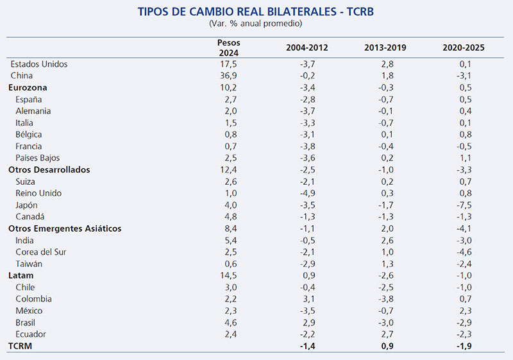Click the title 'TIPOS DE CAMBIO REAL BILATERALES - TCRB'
pyautogui.click(x=256, y=12)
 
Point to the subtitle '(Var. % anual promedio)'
pyautogui.click(x=255, y=24)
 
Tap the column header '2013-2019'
pyautogui.click(x=385, y=47)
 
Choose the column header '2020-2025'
pyautogui.click(x=464, y=47)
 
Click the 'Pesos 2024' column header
pyautogui.click(x=229, y=47)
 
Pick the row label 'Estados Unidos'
pyautogui.click(x=39, y=64)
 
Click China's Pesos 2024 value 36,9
pyautogui.click(x=229, y=76)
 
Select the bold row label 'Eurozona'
pyautogui.click(x=28, y=87)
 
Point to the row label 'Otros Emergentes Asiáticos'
pyautogui.click(x=65, y=228)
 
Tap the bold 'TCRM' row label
pyautogui.click(x=21, y=346)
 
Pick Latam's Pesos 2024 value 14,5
pyautogui.click(x=229, y=275)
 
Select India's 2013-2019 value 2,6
pyautogui.click(x=387, y=240)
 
